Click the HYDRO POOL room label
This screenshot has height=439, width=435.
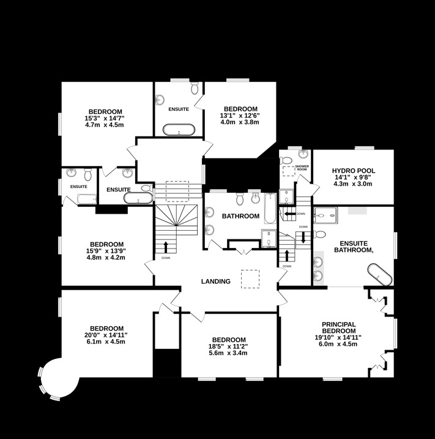(353, 171)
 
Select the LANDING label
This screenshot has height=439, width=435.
(216, 282)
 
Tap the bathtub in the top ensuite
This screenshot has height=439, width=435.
(179, 130)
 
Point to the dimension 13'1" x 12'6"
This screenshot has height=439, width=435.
(240, 115)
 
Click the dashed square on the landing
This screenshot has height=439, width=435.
(250, 279)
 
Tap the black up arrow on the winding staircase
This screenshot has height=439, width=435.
(166, 247)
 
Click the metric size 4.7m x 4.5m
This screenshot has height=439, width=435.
(105, 125)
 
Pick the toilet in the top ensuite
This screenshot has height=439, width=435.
(195, 89)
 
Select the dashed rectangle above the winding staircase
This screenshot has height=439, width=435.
(178, 190)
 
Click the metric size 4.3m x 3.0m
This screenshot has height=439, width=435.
(353, 184)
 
